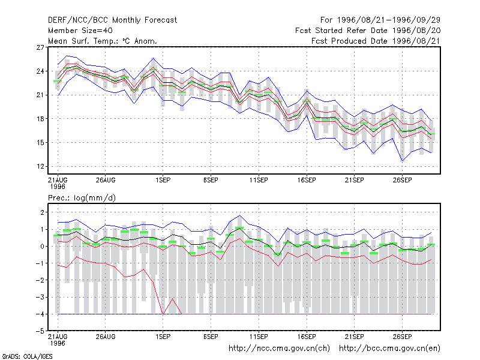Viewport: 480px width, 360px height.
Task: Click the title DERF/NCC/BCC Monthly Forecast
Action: click(x=112, y=20)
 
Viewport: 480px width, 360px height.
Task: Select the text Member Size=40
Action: click(x=80, y=31)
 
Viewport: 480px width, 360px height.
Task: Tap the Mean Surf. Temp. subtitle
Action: click(x=103, y=41)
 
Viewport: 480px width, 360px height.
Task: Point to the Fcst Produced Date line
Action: click(x=376, y=41)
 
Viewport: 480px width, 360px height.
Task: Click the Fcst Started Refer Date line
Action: click(x=368, y=31)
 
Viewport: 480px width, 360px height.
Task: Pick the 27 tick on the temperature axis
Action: click(x=40, y=47)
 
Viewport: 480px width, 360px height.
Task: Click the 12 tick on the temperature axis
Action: click(x=40, y=167)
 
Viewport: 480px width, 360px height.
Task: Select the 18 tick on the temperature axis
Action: click(x=40, y=119)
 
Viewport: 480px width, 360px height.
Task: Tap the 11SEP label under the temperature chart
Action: click(x=259, y=180)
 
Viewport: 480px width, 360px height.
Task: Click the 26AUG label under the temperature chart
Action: click(x=106, y=180)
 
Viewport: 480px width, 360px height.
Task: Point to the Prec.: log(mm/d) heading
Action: click(x=82, y=198)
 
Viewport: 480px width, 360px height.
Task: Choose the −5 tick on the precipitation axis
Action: click(x=40, y=331)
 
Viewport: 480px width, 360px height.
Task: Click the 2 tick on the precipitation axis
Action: click(x=42, y=212)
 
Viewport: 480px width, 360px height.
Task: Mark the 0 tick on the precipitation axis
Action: click(x=42, y=247)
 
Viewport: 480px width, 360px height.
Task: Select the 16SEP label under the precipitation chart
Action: click(x=307, y=337)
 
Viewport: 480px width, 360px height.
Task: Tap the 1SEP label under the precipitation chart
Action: click(x=163, y=337)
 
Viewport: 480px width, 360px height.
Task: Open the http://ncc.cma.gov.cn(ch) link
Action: click(x=279, y=349)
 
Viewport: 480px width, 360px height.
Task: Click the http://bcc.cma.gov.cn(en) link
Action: click(x=389, y=349)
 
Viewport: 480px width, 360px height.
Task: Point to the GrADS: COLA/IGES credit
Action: click(x=27, y=356)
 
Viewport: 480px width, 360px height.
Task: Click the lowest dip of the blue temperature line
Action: click(x=402, y=161)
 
